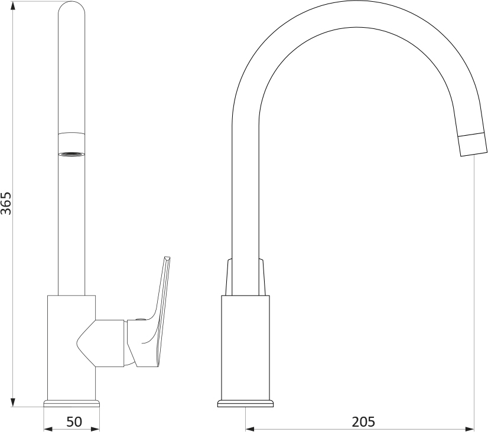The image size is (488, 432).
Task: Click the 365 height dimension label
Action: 6,203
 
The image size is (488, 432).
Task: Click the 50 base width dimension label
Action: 74,422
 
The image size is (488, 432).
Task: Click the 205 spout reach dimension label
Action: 363,422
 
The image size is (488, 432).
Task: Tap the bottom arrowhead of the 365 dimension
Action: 13,402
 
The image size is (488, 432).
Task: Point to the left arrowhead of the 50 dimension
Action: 48,429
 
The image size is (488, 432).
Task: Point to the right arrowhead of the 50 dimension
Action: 95,429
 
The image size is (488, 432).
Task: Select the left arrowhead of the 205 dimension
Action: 250,429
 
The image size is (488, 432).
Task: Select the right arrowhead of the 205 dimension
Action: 469,429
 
